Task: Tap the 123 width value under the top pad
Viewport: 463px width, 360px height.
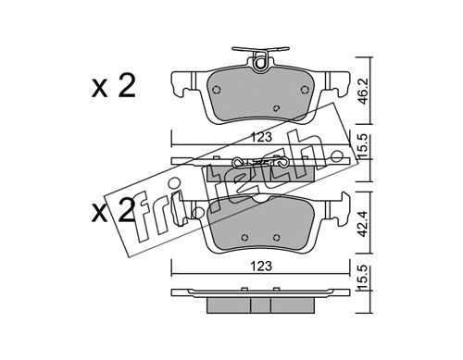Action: coord(261,137)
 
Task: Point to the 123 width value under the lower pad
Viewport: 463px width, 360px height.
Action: coord(261,266)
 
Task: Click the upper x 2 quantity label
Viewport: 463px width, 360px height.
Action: coord(114,86)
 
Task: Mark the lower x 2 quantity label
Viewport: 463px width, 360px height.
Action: coord(113,210)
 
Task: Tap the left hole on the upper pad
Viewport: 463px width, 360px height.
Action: coord(217,90)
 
